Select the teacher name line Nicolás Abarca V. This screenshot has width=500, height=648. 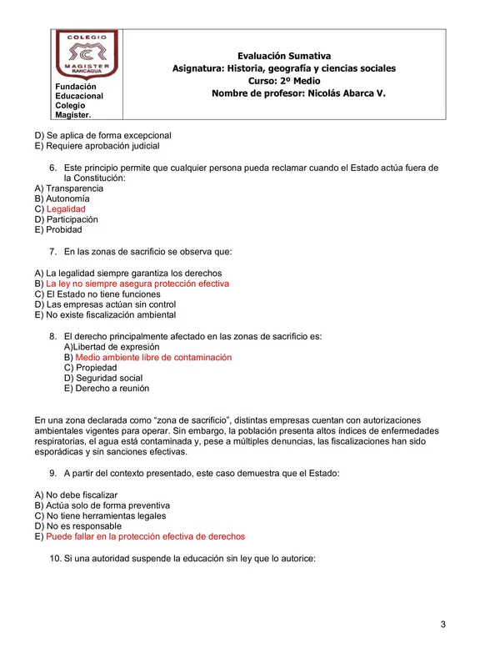(x=298, y=94)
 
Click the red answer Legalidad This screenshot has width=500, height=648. (x=66, y=209)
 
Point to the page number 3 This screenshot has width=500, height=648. (x=443, y=625)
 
